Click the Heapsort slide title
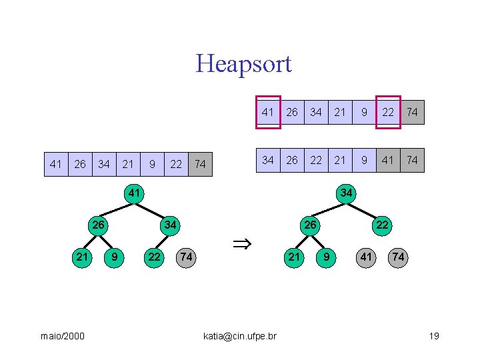pyautogui.click(x=243, y=64)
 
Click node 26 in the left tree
pyautogui.click(x=98, y=225)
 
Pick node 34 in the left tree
pyautogui.click(x=170, y=225)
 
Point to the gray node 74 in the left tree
pyautogui.click(x=187, y=257)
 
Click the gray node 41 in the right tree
pyautogui.click(x=366, y=257)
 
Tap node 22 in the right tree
pyautogui.click(x=382, y=225)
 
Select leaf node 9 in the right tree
pyautogui.click(x=326, y=257)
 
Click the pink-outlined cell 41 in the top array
pyautogui.click(x=268, y=112)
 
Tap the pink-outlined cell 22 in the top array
pyautogui.click(x=388, y=112)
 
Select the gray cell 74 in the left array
pyautogui.click(x=200, y=164)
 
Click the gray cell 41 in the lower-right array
pyautogui.click(x=388, y=160)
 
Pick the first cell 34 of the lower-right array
pyautogui.click(x=268, y=160)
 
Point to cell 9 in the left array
pyautogui.click(x=153, y=164)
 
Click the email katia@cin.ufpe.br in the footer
pyautogui.click(x=239, y=336)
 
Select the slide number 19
pyautogui.click(x=433, y=336)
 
